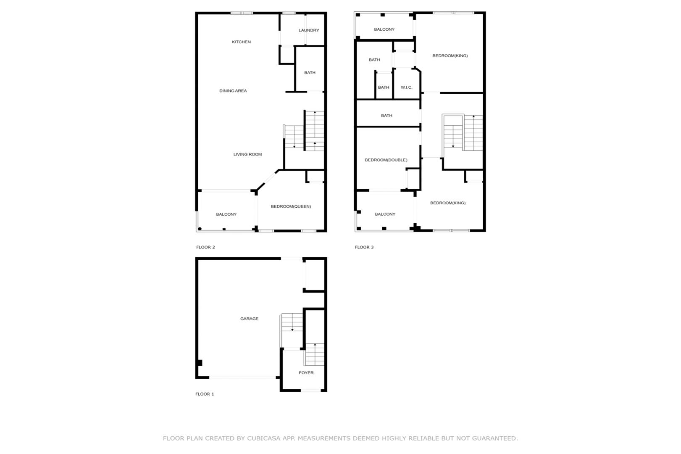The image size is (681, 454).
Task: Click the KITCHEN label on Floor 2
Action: coord(241,42)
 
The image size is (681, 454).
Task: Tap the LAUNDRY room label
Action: coord(309,30)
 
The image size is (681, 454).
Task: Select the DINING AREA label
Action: coord(233,91)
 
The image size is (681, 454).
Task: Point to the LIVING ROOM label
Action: coord(247,154)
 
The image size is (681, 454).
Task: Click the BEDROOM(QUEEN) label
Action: coord(291,206)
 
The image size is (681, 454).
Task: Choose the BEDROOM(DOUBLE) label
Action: coord(386,160)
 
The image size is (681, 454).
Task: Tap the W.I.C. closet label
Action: coord(406,87)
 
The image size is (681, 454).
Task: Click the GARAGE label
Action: coord(249,319)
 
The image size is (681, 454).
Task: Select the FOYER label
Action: coord(306,372)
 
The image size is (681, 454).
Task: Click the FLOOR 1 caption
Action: coord(204,394)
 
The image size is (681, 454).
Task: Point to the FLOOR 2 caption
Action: coord(205,247)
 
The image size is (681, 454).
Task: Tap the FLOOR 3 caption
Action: coord(364,247)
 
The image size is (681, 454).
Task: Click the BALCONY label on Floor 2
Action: coord(226,214)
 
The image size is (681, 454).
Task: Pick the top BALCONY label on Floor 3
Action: coord(384,29)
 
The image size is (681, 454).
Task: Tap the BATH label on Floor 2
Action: coord(310,73)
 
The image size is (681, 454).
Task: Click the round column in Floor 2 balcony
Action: coord(200,229)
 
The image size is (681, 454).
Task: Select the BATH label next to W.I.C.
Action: coord(384,87)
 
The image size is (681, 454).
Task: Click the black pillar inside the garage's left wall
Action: coord(200,363)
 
